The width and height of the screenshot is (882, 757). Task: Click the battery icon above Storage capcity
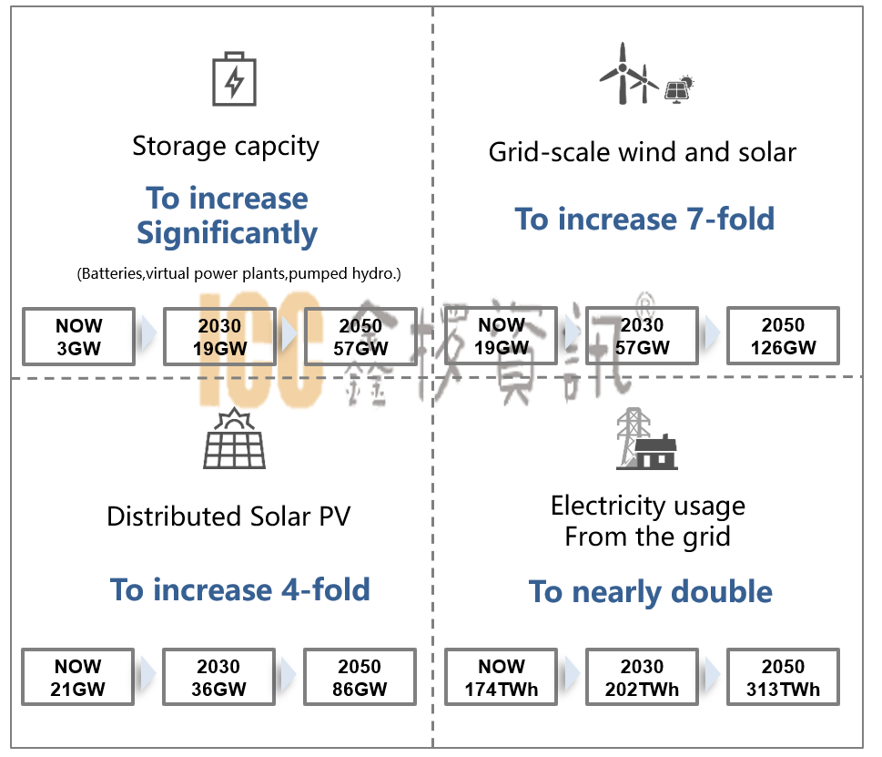(234, 79)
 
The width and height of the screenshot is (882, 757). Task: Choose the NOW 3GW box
(78, 336)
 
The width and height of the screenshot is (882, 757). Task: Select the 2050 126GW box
(783, 336)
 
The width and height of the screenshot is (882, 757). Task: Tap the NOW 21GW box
(78, 677)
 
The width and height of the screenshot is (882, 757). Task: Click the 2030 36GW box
(218, 677)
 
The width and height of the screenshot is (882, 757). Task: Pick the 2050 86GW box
(360, 677)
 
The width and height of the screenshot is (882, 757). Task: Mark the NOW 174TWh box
(501, 677)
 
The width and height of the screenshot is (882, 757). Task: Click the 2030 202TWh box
(642, 677)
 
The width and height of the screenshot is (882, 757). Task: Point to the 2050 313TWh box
(783, 677)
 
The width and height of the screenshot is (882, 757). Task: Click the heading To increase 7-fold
(644, 219)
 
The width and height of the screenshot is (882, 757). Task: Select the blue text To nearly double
(650, 591)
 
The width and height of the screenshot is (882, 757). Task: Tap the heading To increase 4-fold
(240, 589)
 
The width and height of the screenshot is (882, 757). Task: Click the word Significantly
(227, 233)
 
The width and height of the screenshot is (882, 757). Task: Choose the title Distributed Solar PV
(228, 517)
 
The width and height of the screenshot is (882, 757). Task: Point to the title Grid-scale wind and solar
(642, 152)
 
